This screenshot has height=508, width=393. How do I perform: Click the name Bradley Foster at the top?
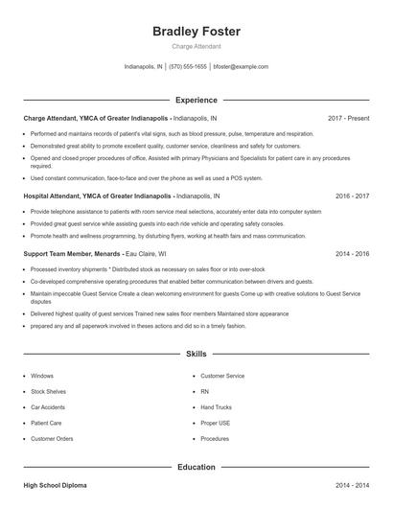(x=196, y=32)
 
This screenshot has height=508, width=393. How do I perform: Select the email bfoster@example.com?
(x=241, y=67)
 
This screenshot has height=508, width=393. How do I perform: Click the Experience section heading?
(x=196, y=100)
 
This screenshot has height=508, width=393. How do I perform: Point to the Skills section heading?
(x=196, y=354)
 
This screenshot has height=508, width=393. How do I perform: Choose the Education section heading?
(x=196, y=467)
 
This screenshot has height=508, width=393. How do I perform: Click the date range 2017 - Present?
(x=348, y=118)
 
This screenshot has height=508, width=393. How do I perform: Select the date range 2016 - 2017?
(x=352, y=196)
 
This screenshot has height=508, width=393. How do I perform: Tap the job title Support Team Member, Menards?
(x=72, y=254)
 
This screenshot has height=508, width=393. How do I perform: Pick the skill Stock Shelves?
(x=49, y=392)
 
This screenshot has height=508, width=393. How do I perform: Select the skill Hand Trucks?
(x=217, y=407)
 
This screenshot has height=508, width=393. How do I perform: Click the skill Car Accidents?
(x=50, y=407)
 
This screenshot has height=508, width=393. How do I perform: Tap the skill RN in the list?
(x=205, y=392)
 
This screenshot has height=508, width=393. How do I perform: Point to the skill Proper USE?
(x=216, y=423)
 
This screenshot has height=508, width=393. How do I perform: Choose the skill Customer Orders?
(x=52, y=438)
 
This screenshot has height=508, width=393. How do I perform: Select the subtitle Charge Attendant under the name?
(x=196, y=46)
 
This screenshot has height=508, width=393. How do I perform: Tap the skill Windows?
(x=42, y=376)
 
